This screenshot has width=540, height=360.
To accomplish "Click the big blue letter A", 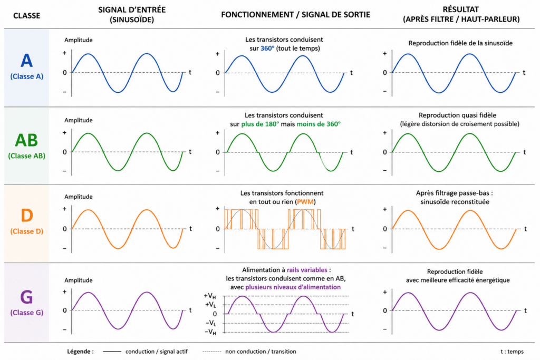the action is coord(26,61).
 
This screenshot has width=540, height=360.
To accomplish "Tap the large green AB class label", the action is coord(26,140).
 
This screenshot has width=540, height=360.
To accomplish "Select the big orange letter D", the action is coord(27,216).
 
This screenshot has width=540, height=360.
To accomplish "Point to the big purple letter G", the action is coord(26,297).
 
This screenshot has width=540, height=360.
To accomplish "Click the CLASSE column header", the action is coord(26,15).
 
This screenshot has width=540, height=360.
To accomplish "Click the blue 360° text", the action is coord(267,48).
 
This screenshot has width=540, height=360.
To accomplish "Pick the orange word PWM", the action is coord(305,202).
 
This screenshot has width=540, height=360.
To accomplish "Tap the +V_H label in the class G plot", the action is coord(210,296).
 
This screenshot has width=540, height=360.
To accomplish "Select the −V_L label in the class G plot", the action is coord(210,323).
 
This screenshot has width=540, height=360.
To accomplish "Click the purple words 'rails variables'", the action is coord(307,270).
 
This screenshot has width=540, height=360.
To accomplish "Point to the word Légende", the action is coord(80,352).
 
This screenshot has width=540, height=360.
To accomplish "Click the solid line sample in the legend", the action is coord(112,352).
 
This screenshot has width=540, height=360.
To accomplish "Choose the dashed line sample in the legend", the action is coord(212,352).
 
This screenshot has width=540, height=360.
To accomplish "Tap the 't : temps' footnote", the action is coord(512,352).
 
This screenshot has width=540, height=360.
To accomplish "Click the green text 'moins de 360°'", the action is coord(319,124).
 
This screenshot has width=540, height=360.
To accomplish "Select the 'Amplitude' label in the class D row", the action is coord(78,197).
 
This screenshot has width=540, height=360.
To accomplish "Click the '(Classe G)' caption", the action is coord(26,313).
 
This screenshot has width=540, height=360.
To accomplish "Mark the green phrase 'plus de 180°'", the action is coord(260,124).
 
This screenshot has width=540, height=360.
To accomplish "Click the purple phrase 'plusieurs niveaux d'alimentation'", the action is coord(293,287).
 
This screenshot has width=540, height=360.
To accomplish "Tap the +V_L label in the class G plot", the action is coord(210,305).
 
